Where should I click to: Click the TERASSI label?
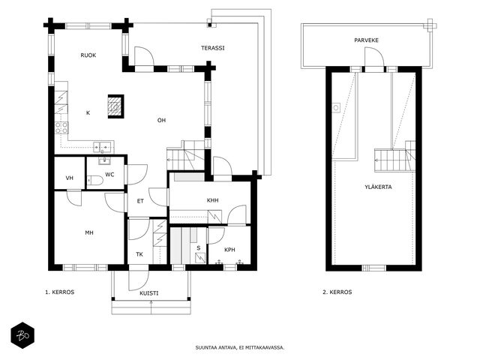point(213,48)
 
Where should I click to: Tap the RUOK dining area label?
point(88,55)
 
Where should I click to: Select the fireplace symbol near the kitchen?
point(115,106)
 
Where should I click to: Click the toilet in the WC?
point(95,180)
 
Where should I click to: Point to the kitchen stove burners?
point(61,127)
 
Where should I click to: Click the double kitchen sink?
point(103,147)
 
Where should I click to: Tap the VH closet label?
point(70,178)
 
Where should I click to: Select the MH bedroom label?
point(89,233)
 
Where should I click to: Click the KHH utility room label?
point(213,200)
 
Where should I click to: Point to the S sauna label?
point(199,248)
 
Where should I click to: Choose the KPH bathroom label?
point(230,250)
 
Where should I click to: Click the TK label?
point(139,254)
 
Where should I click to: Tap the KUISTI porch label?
point(149,293)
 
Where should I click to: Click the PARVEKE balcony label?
point(367,40)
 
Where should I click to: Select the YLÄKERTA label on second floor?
point(378,187)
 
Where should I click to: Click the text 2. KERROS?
point(337,292)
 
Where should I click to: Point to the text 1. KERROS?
point(60,292)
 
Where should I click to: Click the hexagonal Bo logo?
point(22,335)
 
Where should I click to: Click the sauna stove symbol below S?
point(200,258)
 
